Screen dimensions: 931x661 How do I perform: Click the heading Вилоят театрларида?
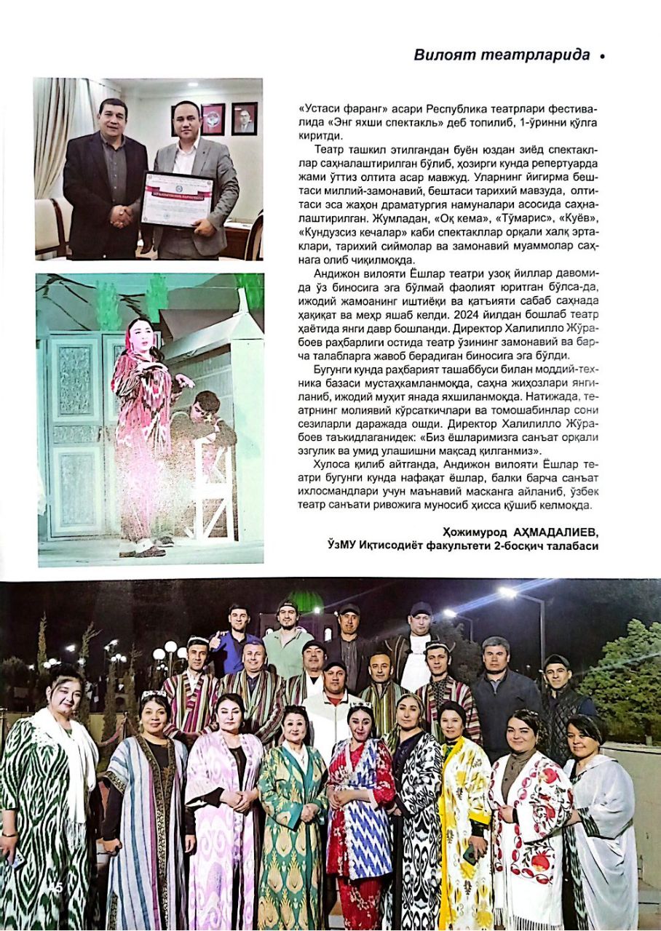[502, 55]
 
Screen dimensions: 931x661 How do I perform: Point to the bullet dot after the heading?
[603, 56]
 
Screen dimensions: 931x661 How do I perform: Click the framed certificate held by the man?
[177, 199]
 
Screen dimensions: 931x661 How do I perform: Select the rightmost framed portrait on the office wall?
[245, 119]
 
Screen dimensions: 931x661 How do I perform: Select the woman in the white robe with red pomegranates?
[530, 822]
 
